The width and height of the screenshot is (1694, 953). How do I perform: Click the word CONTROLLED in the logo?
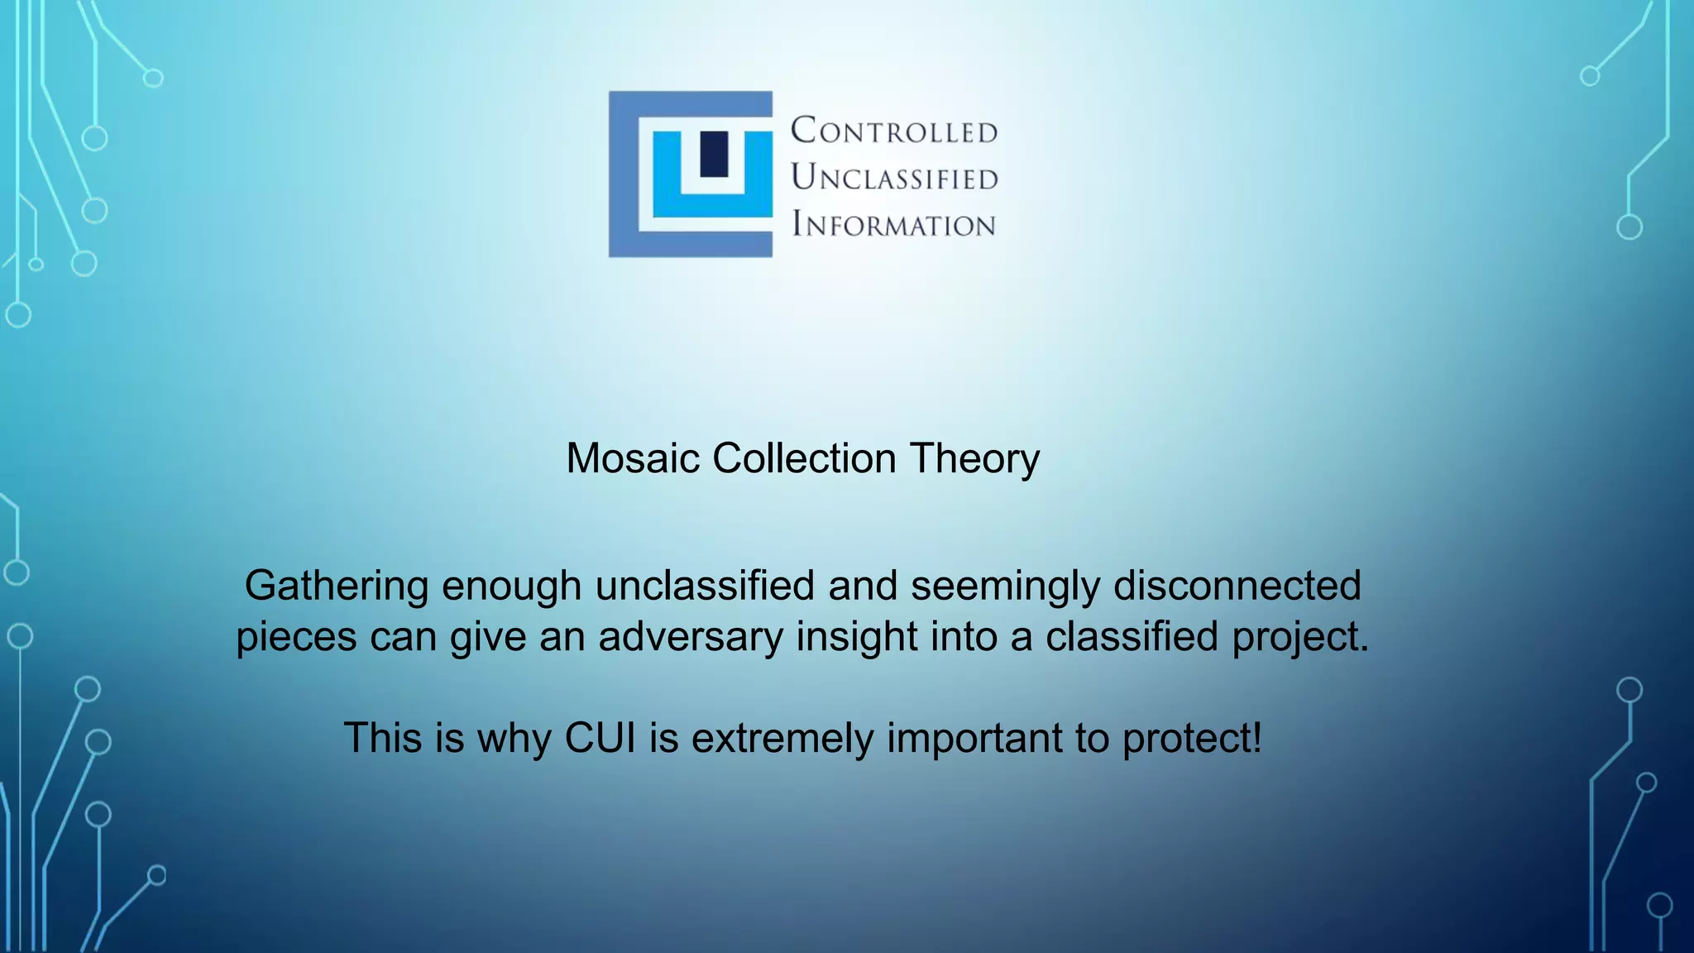(x=894, y=131)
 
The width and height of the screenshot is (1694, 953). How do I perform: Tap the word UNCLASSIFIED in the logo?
(x=894, y=177)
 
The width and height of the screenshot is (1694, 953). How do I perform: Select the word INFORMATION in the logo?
(x=893, y=224)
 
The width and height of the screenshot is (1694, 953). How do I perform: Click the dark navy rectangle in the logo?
(x=714, y=154)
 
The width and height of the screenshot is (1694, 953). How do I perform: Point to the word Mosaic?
(x=633, y=458)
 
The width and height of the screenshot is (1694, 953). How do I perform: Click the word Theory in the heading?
(x=974, y=459)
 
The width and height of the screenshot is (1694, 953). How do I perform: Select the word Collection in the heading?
(x=804, y=458)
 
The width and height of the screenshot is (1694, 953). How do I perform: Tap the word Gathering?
(x=337, y=587)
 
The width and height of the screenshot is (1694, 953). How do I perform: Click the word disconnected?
(x=1237, y=586)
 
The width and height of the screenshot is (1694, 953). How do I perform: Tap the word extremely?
(x=782, y=739)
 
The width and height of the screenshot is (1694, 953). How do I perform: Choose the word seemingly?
(x=1006, y=587)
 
